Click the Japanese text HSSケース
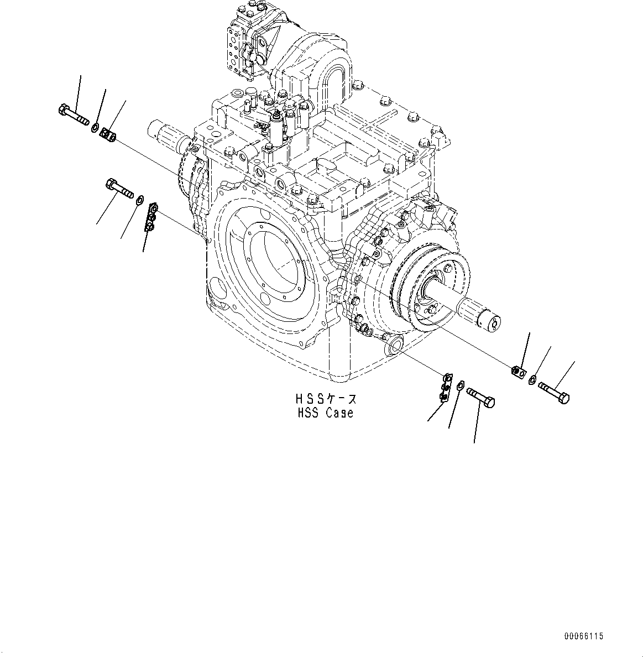326,399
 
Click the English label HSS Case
325,413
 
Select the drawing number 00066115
583,637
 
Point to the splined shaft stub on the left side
165,134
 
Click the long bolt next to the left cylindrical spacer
73,114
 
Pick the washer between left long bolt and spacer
96,128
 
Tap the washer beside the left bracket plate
139,199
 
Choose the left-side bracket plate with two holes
151,217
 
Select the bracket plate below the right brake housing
445,387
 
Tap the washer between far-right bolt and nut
532,380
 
